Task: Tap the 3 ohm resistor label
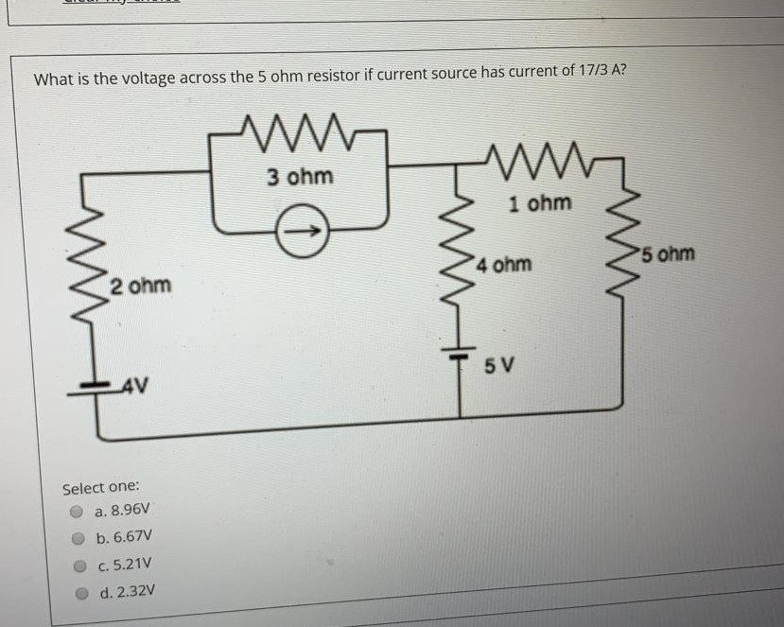299,177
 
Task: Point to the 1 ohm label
539,202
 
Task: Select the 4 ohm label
505,264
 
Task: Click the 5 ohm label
667,253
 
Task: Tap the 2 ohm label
140,285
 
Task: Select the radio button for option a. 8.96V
78,512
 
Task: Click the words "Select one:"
101,488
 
